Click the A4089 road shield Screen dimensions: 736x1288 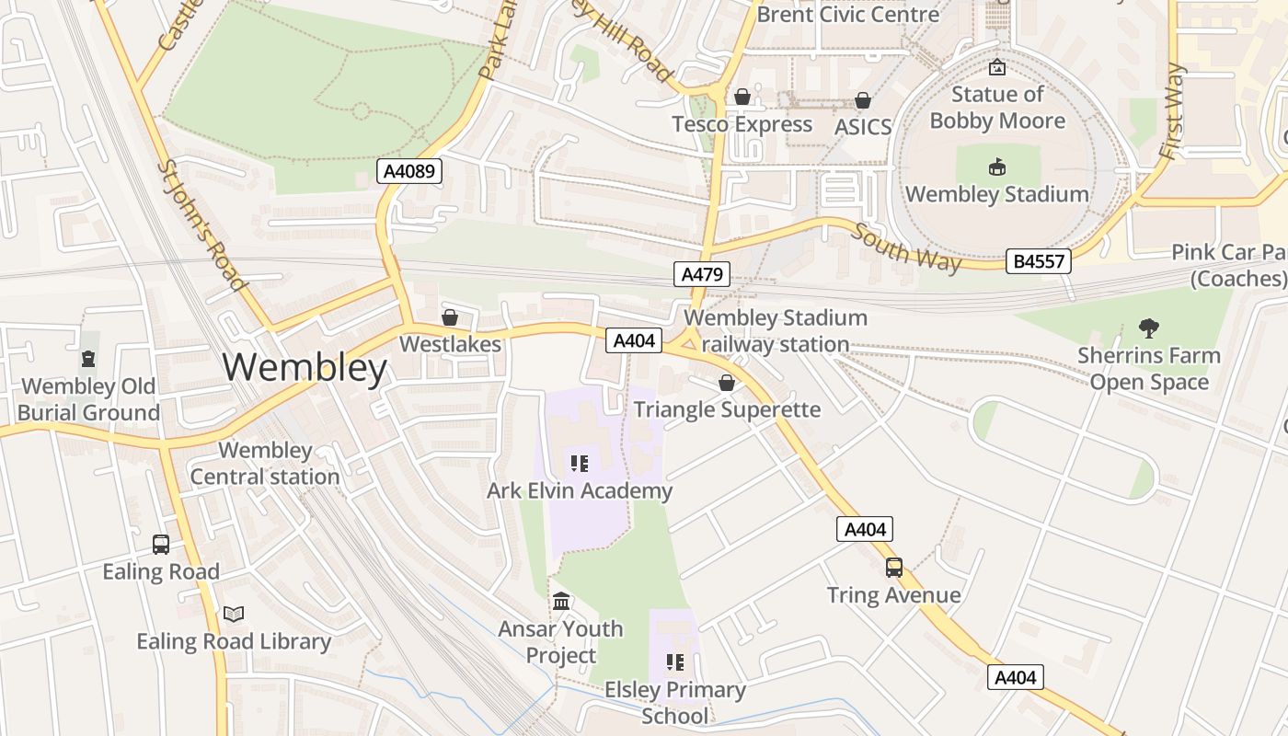click(409, 171)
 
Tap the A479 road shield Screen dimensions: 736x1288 click(702, 273)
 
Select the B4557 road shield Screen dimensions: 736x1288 click(1039, 260)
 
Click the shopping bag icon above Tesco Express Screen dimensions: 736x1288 click(742, 97)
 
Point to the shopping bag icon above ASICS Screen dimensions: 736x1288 click(863, 100)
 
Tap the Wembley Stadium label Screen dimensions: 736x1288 click(997, 194)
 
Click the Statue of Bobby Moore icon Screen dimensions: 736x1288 click(997, 67)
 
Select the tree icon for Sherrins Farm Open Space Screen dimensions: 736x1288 click(1148, 328)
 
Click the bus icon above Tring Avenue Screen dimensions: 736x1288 click(894, 568)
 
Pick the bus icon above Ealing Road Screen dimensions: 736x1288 click(161, 545)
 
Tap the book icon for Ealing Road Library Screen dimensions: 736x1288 click(234, 614)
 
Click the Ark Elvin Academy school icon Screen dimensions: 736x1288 click(579, 463)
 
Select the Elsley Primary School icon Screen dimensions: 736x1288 click(675, 662)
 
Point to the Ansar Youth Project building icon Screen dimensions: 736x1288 click(561, 602)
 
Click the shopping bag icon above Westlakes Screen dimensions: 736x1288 click(450, 317)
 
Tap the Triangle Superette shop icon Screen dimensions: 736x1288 click(727, 383)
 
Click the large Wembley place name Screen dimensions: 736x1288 click(305, 368)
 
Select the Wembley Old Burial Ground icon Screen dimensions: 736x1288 click(88, 359)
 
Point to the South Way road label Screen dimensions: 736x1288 click(906, 247)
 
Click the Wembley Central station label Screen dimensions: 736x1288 click(265, 464)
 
